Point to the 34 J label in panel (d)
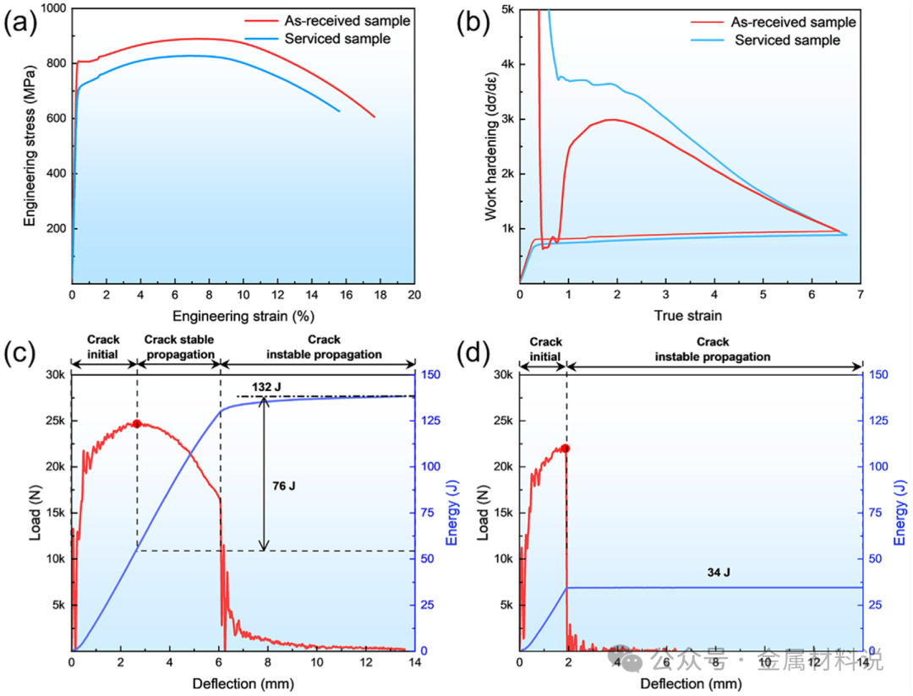point(719,573)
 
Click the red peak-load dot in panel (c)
point(136,423)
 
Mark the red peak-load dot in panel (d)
point(566,449)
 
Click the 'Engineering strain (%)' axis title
point(242,316)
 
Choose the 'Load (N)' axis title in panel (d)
point(483,514)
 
